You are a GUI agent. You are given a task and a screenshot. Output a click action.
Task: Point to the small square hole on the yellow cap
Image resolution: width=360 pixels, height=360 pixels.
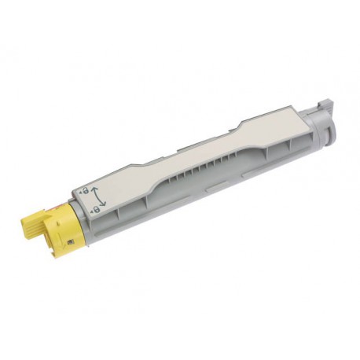coord(71,242)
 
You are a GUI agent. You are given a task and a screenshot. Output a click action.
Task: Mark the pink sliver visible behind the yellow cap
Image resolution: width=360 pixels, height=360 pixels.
coord(57,207)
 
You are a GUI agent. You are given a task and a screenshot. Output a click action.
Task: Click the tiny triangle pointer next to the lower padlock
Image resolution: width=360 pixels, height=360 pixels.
coord(91,212)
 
